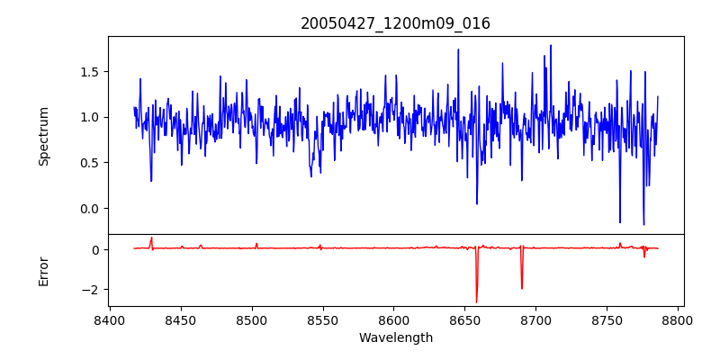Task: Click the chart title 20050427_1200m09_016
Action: [395, 23]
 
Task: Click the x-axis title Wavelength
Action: [395, 338]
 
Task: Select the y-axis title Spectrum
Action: [44, 136]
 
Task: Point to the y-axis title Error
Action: [44, 271]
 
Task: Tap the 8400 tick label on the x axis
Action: [110, 319]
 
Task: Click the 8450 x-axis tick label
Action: [181, 319]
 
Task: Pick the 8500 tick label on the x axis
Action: [252, 319]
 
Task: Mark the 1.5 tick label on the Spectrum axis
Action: [90, 72]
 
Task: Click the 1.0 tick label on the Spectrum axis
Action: [90, 117]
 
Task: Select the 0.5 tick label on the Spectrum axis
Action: [90, 163]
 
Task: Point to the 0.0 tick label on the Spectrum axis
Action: [90, 209]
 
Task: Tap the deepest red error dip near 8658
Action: [477, 301]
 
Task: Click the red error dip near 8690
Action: [522, 287]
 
